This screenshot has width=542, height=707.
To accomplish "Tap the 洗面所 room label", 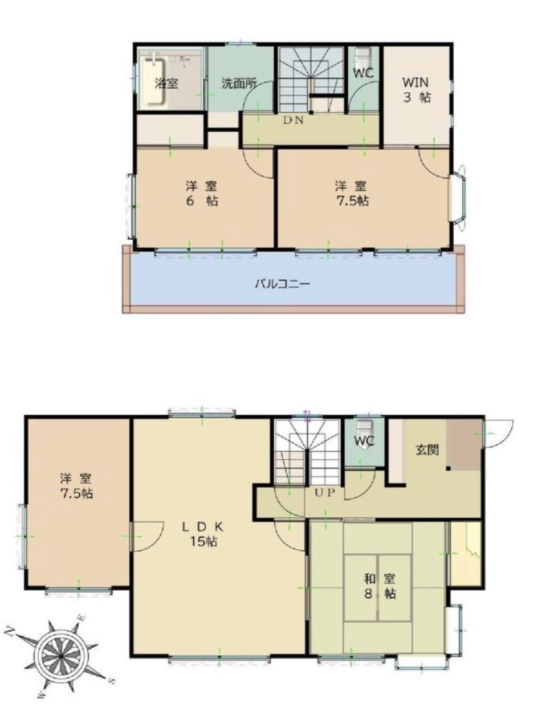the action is point(239,84).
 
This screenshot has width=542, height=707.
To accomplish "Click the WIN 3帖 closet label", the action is point(417,90).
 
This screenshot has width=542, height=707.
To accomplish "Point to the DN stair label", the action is point(293,120).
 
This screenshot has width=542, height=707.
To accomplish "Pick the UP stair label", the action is point(324,493).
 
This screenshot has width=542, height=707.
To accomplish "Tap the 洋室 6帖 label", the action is point(202,194).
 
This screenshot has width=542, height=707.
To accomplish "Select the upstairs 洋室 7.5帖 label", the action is point(352,194).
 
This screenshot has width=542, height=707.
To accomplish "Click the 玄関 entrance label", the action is point(427,450).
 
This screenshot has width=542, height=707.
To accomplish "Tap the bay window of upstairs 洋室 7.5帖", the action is point(458,198).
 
